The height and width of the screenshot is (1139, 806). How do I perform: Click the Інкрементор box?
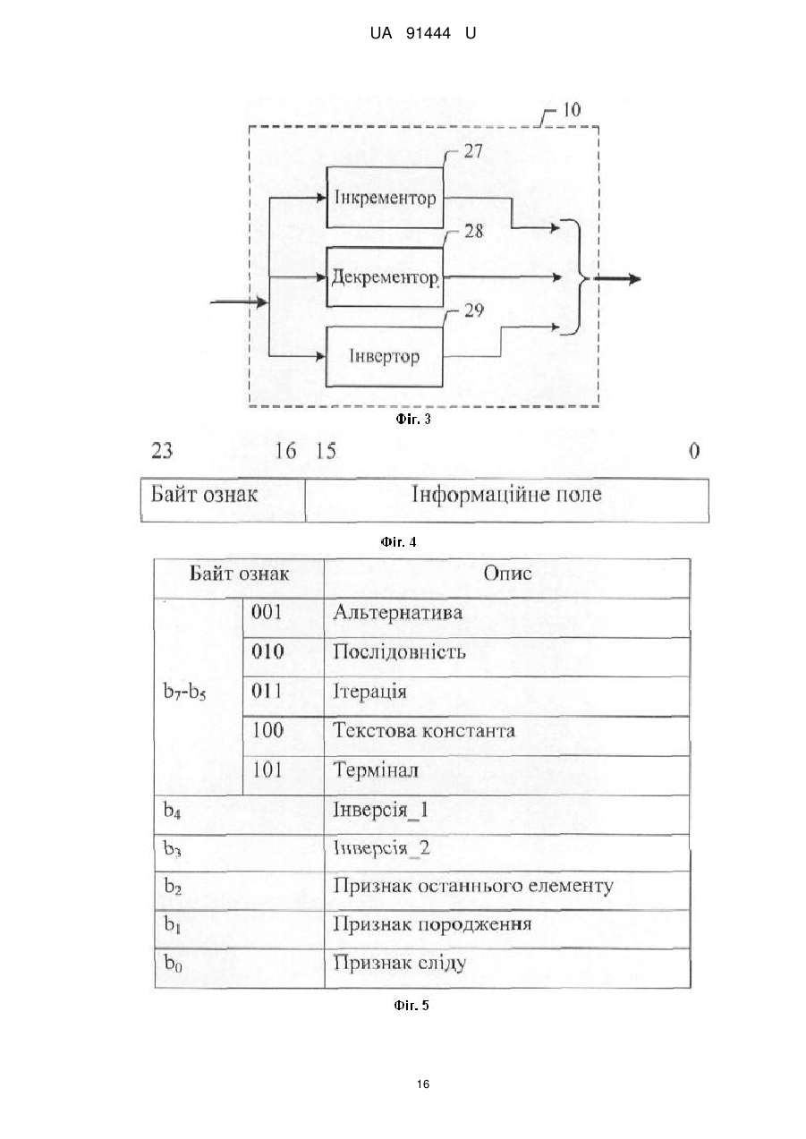coord(385,198)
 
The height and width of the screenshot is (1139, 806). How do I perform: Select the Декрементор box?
coord(385,277)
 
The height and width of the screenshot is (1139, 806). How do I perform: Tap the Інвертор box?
coord(384,356)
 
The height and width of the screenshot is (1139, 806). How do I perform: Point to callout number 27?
coord(473,151)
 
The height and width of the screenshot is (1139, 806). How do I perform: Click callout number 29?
coord(474,310)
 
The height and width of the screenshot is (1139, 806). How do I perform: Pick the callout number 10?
coord(572,109)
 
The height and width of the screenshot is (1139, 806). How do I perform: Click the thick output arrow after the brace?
coord(617,278)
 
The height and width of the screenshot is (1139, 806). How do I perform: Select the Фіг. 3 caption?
coord(413,419)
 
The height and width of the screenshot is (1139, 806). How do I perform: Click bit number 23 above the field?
coord(162,451)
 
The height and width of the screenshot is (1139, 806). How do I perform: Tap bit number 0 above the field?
coord(694,451)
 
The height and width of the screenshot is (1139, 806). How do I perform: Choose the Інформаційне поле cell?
coord(507,500)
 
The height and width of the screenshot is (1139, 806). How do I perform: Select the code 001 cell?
coord(284,617)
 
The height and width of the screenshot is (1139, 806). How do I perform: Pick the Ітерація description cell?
coord(507,697)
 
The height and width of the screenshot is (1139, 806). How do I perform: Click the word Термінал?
coord(376,769)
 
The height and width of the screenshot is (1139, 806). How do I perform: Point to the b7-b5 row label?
coord(184,692)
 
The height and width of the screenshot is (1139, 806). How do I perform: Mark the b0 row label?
coord(173,962)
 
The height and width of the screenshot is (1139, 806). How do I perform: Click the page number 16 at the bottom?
coord(423,1084)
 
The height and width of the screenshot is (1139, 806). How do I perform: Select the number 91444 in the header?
coord(428,33)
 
